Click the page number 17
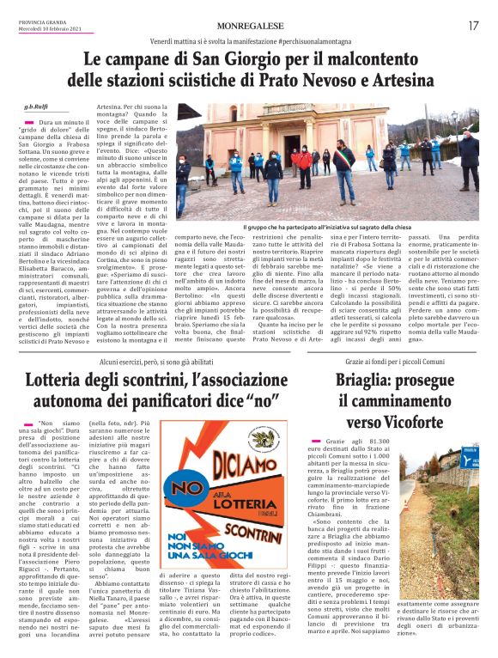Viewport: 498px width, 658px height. click(473, 26)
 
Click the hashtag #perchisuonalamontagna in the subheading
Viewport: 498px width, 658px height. click(318, 41)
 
